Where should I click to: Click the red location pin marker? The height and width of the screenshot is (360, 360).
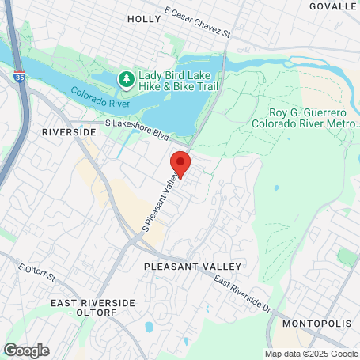(x=180, y=164)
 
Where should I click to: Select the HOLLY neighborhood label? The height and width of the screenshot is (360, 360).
(x=143, y=18)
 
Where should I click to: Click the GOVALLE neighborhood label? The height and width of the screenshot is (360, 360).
(x=333, y=6)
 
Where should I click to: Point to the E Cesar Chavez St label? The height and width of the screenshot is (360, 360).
(x=197, y=24)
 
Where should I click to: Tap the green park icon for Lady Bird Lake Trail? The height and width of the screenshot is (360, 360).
(x=124, y=79)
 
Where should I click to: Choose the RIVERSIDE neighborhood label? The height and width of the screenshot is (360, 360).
(x=69, y=131)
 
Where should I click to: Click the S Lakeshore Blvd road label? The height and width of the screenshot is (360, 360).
(x=138, y=130)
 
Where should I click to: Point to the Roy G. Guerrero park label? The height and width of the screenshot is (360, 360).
(x=304, y=118)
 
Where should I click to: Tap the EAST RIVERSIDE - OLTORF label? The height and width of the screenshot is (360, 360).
(x=83, y=308)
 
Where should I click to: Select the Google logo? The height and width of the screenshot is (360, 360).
(x=26, y=350)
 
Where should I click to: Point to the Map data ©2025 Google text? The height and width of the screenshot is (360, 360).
(x=311, y=354)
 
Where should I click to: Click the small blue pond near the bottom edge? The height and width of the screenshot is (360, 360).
(x=149, y=327)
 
